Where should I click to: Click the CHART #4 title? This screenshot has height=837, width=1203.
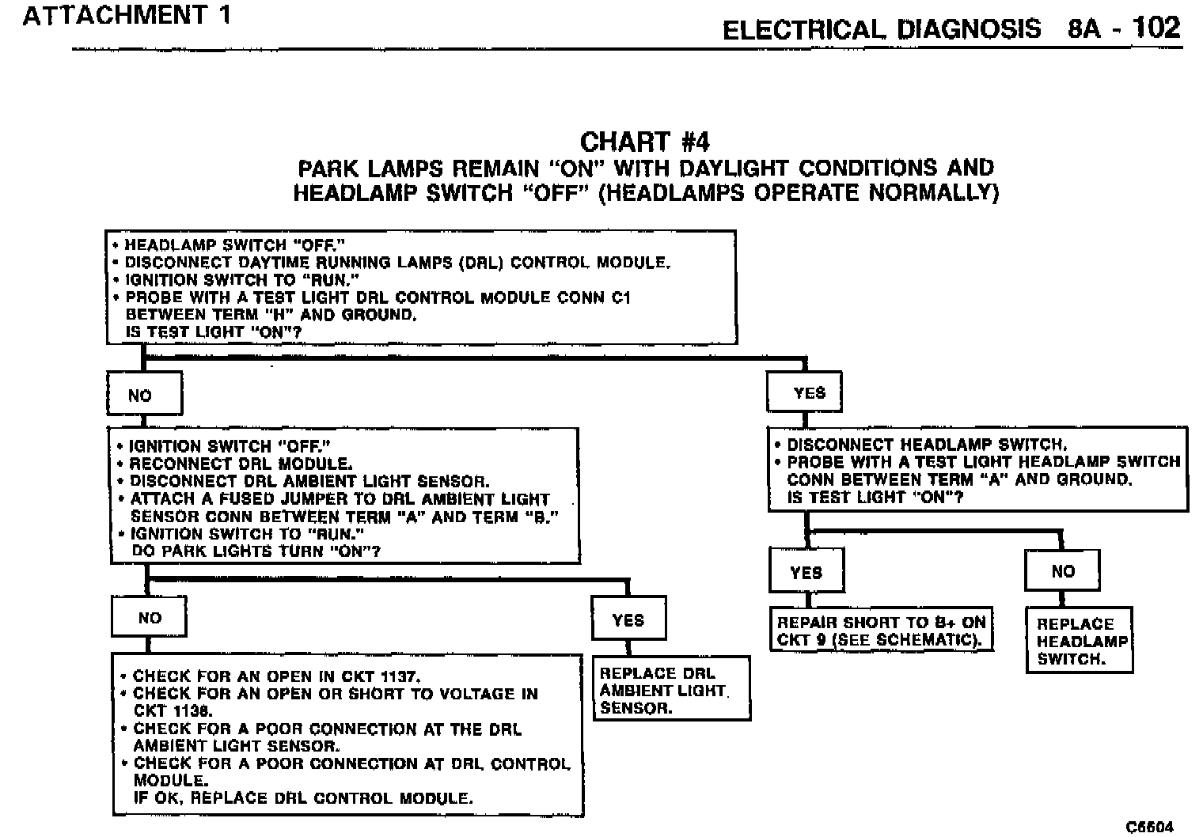pos(644,142)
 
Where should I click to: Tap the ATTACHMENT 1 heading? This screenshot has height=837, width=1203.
pos(127,16)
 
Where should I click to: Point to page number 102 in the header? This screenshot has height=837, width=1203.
pos(1156,28)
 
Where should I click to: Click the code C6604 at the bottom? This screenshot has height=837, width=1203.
pos(1149,827)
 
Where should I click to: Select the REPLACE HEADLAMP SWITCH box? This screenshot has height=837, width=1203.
pos(1079,641)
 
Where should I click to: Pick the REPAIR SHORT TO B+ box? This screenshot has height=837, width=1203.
pos(881,631)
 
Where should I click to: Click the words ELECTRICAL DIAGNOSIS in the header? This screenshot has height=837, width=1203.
pos(882,30)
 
